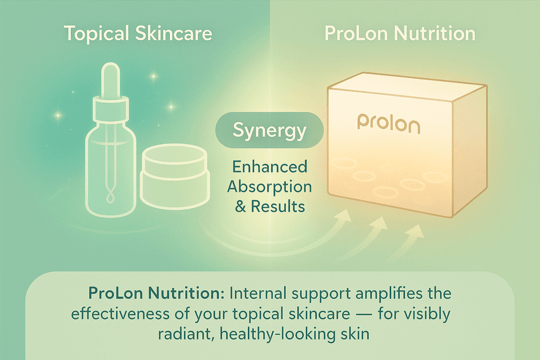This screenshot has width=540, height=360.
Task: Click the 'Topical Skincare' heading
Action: point(138,34)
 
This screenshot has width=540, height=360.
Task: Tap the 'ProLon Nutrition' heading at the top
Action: point(400,34)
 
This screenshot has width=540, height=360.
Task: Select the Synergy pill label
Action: point(269,130)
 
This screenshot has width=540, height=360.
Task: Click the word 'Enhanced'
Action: point(270,168)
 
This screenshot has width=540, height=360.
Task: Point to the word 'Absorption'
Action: point(270,187)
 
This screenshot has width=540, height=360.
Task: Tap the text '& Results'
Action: point(270,206)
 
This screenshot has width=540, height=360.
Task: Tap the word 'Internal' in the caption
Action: point(250,293)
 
